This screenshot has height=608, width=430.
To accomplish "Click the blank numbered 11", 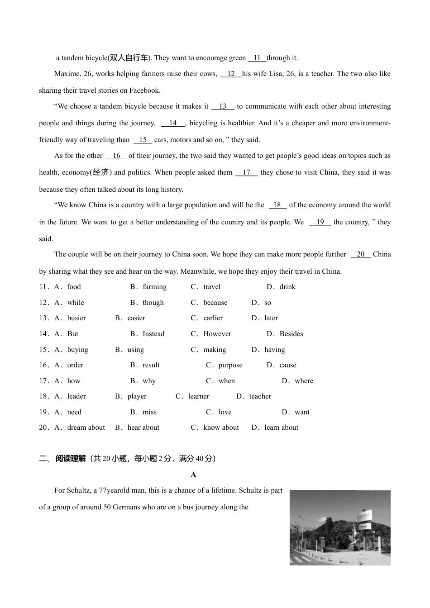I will click(257, 58).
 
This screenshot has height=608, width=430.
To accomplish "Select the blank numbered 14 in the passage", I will click(173, 123).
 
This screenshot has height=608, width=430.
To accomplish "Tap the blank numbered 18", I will click(277, 205).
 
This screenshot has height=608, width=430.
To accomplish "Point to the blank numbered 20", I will click(360, 254).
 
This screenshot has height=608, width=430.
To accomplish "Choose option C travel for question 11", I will click(211, 287).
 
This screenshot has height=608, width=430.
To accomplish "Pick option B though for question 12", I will click(153, 303).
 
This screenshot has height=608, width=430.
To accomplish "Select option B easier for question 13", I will click(136, 318).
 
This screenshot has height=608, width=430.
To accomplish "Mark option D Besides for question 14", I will click(291, 334).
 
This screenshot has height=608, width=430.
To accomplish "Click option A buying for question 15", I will click(77, 350).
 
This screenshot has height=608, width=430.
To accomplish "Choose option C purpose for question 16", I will click(230, 365).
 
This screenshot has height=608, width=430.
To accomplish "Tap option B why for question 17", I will click(149, 381).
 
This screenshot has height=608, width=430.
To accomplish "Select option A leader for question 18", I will click(76, 396).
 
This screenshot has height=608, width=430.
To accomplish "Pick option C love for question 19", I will click(225, 412).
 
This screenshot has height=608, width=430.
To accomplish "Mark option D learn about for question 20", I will click(281, 427).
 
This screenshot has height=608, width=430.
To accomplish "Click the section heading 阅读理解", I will click(70, 459).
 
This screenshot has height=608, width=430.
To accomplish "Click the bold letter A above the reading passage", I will click(194, 475).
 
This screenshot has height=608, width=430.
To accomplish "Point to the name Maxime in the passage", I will click(67, 74).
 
